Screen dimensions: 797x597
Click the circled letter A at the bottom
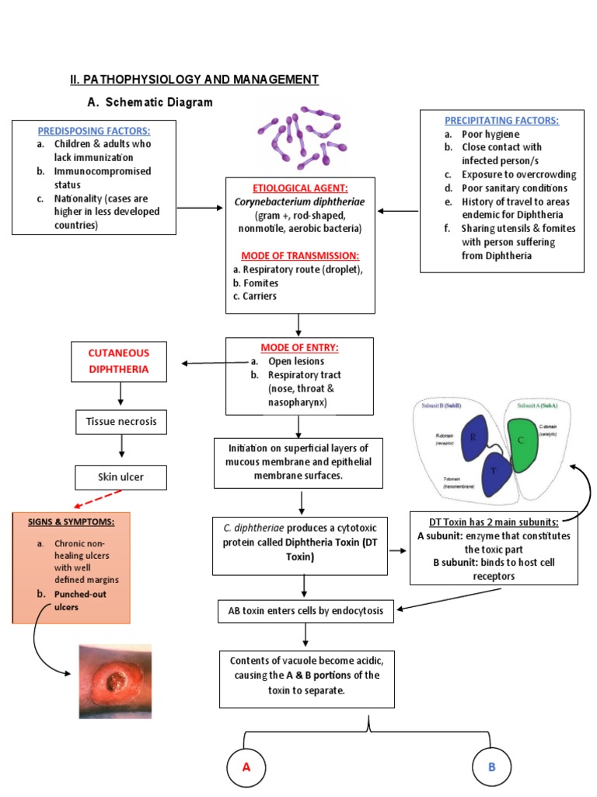coord(246,767)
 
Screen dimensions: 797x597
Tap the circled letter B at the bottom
coord(491,767)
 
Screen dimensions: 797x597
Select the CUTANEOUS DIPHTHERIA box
coord(119,362)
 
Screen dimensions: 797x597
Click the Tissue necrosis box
coord(121,423)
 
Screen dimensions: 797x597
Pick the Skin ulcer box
coord(120,477)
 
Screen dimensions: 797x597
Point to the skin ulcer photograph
coord(116,681)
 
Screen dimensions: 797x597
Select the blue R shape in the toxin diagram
coord(473,438)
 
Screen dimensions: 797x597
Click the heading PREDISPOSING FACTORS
coord(94,131)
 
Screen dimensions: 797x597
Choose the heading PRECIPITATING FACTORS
coord(501,121)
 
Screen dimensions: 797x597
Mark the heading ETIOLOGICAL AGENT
coord(299,189)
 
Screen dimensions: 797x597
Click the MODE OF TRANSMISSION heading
coord(299,256)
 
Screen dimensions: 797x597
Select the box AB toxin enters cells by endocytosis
coord(305,611)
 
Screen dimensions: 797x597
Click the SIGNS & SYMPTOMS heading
coord(72,521)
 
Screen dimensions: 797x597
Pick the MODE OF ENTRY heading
coord(299,348)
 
